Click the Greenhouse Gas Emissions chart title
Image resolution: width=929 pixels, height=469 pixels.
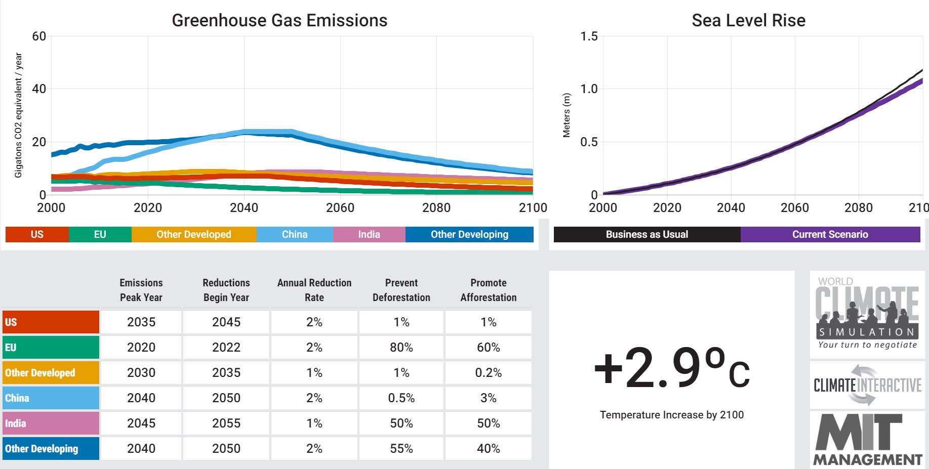point(279,20)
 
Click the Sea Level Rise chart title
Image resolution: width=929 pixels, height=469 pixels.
point(748,20)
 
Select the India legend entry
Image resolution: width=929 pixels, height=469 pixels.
point(369,234)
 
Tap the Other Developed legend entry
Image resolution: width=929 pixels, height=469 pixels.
point(193,234)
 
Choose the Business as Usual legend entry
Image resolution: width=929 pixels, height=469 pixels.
point(647,234)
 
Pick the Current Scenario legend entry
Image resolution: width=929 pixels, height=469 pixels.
point(830,234)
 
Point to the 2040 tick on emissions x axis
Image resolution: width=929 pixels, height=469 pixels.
point(244,207)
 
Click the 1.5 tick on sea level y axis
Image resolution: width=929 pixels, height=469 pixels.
point(589,36)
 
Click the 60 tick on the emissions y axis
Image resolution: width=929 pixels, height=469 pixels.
point(39,36)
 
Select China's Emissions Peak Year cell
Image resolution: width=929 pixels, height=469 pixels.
point(141,398)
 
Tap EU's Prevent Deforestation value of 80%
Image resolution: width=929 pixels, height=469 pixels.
point(401,348)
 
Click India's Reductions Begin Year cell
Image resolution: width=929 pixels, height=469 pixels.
point(226,423)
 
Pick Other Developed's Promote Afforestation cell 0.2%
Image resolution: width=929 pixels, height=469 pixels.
point(488,373)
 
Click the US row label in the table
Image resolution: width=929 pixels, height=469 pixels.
point(50,322)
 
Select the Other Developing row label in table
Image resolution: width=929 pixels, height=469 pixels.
point(50,449)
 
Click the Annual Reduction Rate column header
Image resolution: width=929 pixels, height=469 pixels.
point(314,290)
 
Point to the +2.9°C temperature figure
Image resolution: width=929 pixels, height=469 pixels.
point(671,368)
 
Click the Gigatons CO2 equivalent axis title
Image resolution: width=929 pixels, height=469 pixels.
point(19,115)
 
